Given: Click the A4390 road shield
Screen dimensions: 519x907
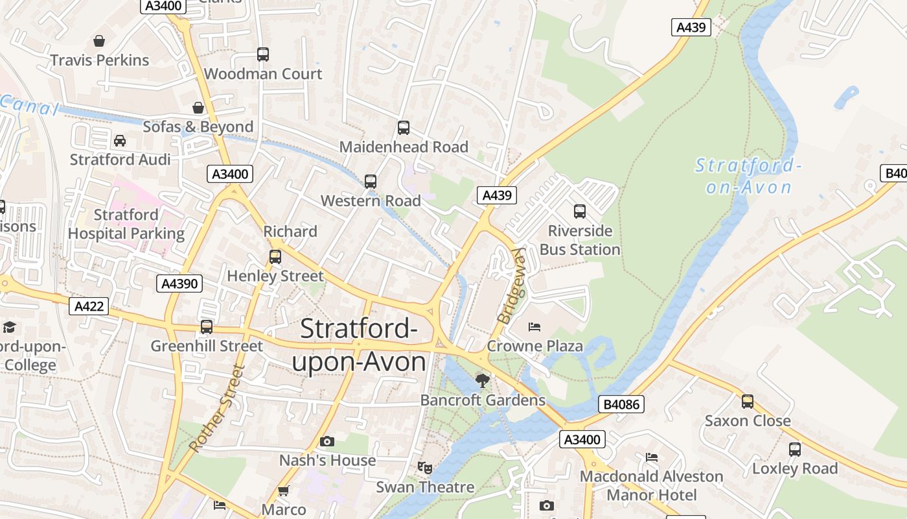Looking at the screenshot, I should click(179, 284).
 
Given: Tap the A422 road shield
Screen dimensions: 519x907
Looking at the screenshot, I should click(89, 306).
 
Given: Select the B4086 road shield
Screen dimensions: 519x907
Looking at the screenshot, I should click(621, 405).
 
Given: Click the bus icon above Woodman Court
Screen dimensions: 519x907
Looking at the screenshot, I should click(262, 54).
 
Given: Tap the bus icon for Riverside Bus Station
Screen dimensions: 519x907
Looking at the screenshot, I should click(580, 211).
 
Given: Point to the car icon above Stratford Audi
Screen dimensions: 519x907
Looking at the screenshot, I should click(120, 141).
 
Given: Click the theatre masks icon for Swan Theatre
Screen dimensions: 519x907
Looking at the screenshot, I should click(425, 467).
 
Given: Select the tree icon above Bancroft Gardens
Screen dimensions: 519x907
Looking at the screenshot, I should click(482, 381).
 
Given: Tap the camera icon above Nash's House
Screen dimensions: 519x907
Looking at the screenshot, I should click(327, 442).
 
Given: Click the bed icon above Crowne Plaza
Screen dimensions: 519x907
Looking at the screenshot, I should click(534, 326).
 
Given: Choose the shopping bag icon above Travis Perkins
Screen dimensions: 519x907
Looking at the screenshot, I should click(99, 42).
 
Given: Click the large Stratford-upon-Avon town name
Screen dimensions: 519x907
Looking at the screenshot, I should click(359, 345).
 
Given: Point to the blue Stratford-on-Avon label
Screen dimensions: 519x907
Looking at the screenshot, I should click(748, 176).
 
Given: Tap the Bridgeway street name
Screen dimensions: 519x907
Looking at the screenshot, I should click(512, 286).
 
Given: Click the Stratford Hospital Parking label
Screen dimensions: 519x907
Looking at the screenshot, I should click(126, 224).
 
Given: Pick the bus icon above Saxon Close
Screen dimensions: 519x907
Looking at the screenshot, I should click(748, 402).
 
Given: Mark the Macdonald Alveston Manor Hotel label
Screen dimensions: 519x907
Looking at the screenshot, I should click(651, 485).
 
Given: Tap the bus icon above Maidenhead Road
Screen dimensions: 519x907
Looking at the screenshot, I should click(404, 128).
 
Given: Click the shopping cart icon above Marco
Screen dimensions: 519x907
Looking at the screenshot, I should click(283, 491).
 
